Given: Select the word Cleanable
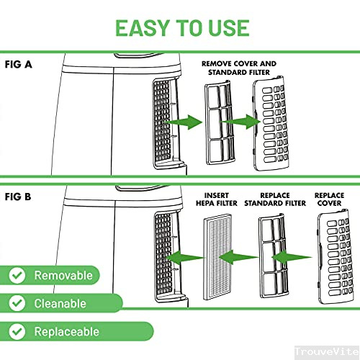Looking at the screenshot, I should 60,304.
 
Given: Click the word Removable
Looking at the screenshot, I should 63,276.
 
